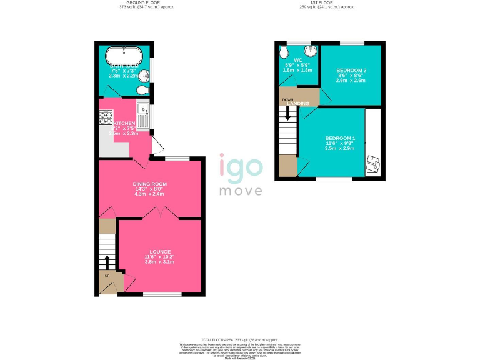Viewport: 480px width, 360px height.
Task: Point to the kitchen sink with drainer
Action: click(142, 117)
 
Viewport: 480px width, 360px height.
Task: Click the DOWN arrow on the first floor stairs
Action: click(288, 113)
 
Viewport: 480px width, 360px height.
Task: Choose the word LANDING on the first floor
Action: click(297, 103)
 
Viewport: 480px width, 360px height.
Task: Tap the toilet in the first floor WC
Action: click(285, 51)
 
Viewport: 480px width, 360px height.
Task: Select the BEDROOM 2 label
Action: click(351, 70)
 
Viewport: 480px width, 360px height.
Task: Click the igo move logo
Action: click(241, 174)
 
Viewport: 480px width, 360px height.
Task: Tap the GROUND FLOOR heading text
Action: click(146, 3)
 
